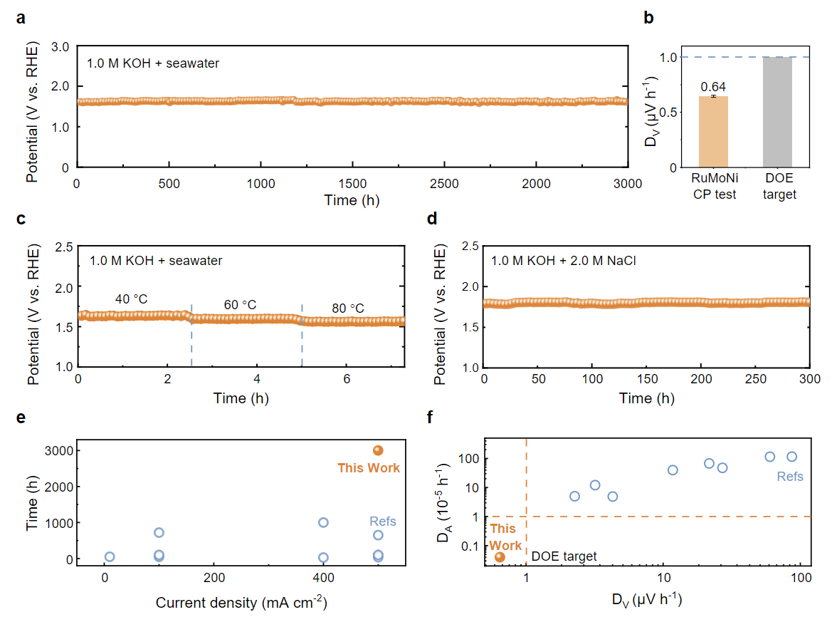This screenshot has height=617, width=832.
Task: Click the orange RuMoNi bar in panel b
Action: pos(723,132)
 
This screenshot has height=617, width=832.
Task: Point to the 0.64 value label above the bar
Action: pos(724,87)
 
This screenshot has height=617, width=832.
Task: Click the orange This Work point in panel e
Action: pos(378,450)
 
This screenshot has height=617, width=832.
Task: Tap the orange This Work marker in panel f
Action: pos(500,557)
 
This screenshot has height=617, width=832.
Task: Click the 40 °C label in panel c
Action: pos(132,299)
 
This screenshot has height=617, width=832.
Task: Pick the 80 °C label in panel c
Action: pos(348,308)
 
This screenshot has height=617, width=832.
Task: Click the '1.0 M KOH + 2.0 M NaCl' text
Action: pos(563,261)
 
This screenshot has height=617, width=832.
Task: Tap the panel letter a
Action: pos(21,19)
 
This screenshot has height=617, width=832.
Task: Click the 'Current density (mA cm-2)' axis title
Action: pos(241,602)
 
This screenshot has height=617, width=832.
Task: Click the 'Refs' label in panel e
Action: pos(383,522)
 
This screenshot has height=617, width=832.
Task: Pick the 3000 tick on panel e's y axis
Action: pos(59,450)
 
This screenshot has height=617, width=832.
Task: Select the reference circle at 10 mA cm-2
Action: pos(110,557)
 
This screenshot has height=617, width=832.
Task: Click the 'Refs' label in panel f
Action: pos(790,477)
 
